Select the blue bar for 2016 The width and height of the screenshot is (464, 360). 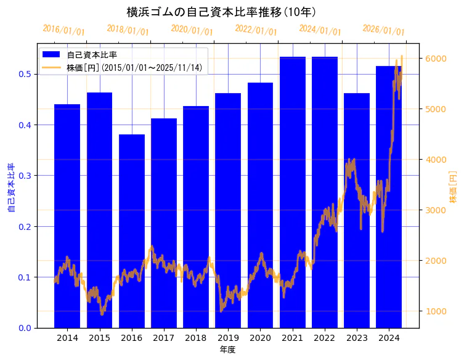(x=131, y=231)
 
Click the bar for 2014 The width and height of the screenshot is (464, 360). (x=67, y=216)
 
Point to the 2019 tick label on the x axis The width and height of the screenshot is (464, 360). (x=228, y=338)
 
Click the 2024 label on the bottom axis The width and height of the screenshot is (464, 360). (x=389, y=338)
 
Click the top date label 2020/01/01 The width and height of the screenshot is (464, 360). (x=192, y=30)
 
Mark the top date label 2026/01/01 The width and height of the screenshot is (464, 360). (x=383, y=30)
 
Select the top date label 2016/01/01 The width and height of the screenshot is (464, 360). (x=63, y=30)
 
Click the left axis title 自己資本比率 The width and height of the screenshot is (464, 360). (x=11, y=187)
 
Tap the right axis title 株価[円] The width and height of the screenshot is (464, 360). (x=453, y=187)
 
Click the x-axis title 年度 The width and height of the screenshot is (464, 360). (x=228, y=350)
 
